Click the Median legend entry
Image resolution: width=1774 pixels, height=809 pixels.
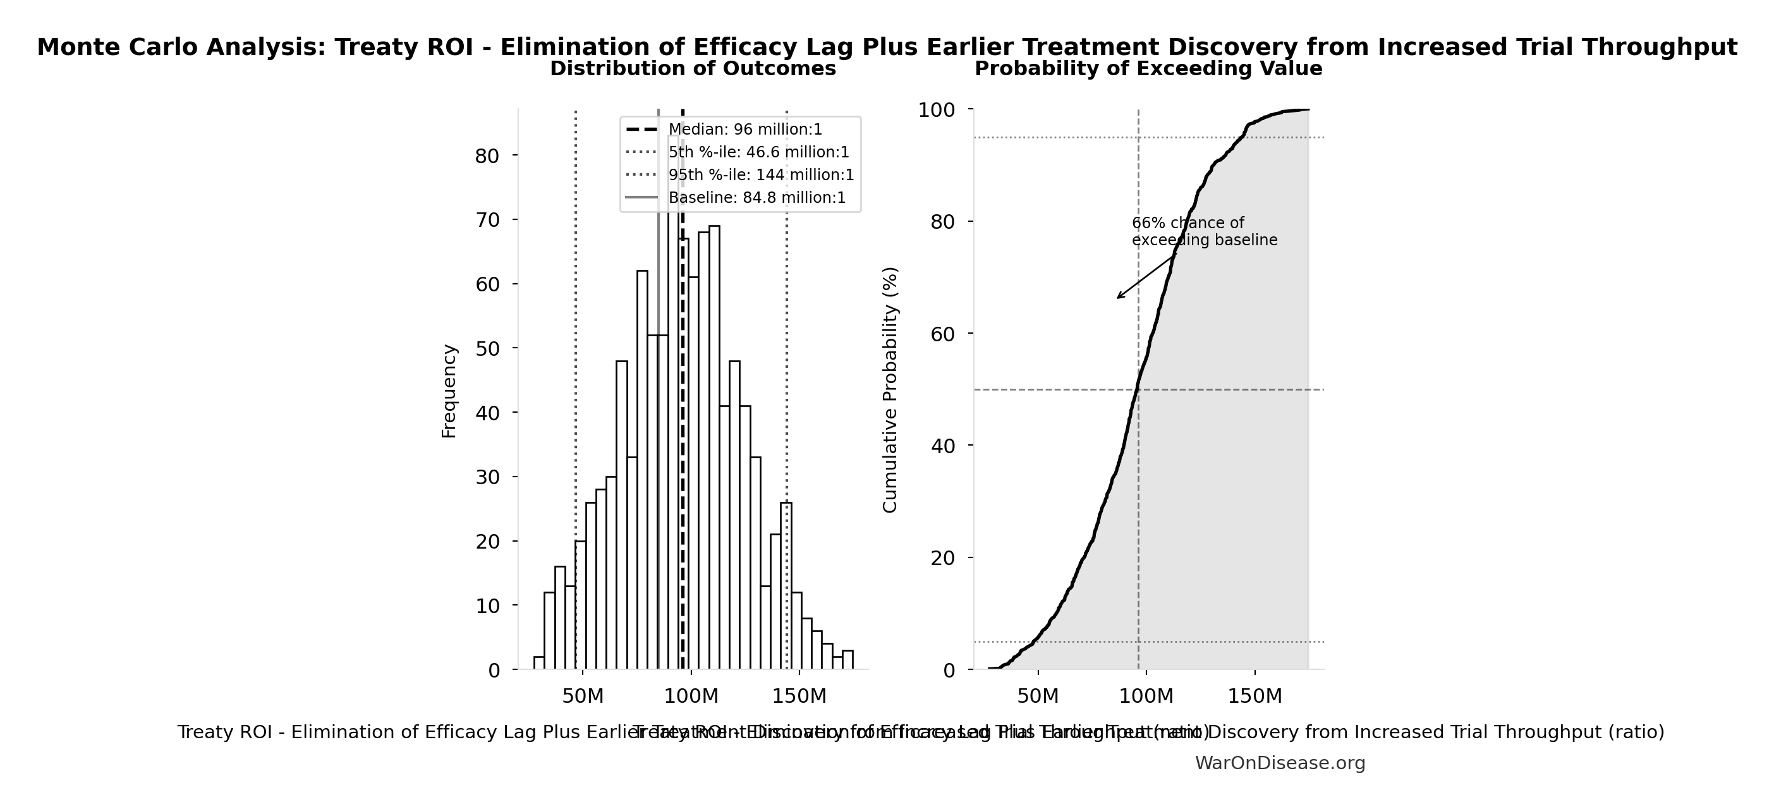click(744, 130)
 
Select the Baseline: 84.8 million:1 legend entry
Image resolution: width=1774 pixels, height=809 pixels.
click(756, 198)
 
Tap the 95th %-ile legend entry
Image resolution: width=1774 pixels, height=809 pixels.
click(760, 175)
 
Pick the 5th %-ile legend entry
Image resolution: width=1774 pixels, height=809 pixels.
click(758, 152)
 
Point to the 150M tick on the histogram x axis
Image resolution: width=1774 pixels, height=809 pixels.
click(799, 696)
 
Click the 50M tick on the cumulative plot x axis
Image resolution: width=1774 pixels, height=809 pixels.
click(1038, 696)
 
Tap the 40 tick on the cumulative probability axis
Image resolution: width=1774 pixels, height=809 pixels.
click(943, 446)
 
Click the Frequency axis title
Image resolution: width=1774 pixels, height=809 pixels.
click(449, 391)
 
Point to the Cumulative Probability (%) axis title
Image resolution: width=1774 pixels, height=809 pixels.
click(890, 390)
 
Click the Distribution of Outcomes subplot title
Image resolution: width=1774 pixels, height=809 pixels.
click(693, 69)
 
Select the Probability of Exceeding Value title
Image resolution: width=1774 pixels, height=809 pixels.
click(1148, 69)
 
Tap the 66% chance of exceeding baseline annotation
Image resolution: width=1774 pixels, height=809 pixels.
click(1204, 232)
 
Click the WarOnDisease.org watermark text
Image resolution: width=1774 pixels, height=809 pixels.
click(1280, 763)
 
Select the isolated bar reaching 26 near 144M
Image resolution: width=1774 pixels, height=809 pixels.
click(786, 585)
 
